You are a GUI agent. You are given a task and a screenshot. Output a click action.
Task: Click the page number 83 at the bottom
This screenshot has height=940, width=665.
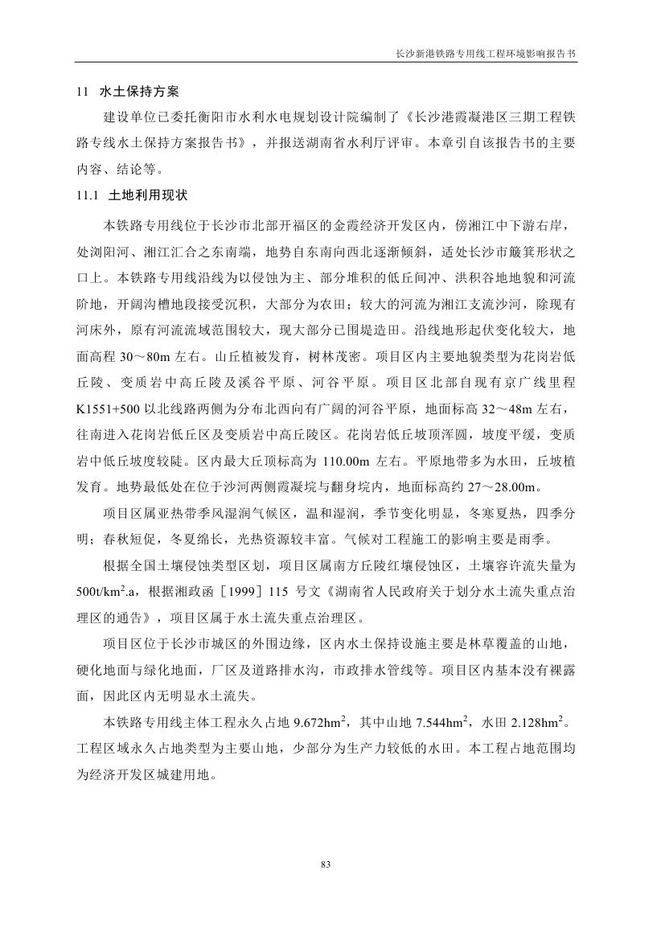point(326,864)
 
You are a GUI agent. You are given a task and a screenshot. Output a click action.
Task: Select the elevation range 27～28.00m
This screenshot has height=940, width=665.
point(503,486)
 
